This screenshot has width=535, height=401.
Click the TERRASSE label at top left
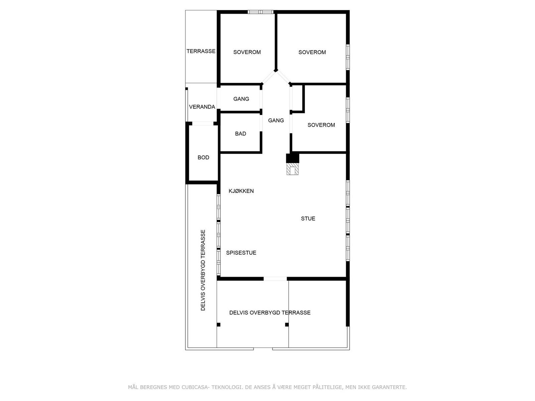coord(201,51)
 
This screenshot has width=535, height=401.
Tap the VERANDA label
coord(202,107)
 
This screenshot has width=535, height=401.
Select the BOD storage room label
coord(203,157)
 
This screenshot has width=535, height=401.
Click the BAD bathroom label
coord(240,134)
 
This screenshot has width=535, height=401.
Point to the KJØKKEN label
coord(241,191)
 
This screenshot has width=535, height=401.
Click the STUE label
coord(308,219)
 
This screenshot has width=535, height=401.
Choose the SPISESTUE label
coord(241,253)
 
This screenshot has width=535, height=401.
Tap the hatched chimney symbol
coord(293,169)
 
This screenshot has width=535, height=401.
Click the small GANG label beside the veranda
coord(241,99)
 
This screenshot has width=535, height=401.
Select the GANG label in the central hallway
coord(276,120)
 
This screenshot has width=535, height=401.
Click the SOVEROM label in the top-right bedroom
coord(312,52)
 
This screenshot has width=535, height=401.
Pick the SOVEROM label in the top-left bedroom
coord(247,52)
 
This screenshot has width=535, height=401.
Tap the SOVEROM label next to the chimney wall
coord(321,125)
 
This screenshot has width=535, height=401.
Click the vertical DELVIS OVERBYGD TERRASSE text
coord(203,270)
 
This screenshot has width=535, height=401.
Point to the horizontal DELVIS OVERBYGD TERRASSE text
coord(270,313)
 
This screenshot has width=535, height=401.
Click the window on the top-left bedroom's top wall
coord(260,12)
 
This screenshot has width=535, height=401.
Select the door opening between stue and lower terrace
coord(275,279)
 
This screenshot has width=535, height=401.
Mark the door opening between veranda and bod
coord(203,123)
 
